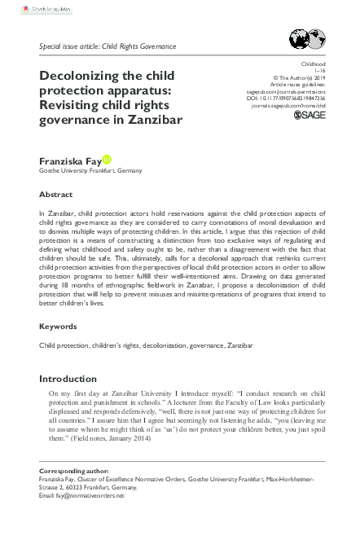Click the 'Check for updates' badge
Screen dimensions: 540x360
tap(25, 9)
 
